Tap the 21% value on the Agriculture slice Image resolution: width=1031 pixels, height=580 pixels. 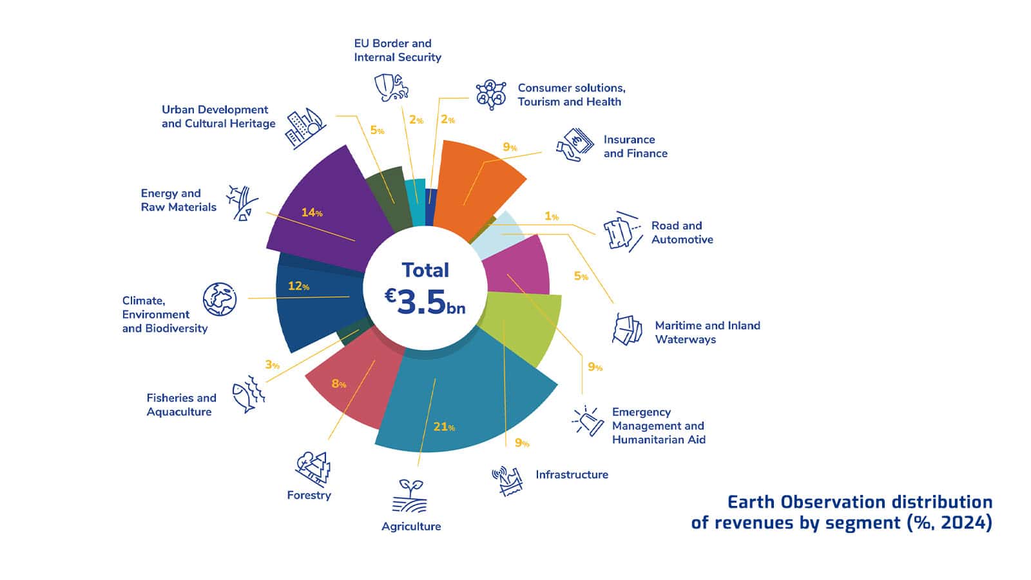point(444,427)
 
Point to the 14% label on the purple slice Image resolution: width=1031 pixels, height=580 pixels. point(312,213)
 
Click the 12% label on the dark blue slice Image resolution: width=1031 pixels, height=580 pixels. point(299,286)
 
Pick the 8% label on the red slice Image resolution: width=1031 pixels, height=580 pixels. point(339,384)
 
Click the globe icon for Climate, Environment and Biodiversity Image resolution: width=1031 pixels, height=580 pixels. point(220,299)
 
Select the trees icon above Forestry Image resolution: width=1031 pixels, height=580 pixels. point(313,469)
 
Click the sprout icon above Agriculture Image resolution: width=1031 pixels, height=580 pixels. point(410,496)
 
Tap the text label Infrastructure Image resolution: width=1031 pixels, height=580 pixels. point(572,474)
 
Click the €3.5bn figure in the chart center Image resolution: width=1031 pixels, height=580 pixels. point(425,303)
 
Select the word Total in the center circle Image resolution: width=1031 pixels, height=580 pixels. point(425,270)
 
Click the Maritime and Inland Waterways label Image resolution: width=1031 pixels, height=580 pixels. point(708,333)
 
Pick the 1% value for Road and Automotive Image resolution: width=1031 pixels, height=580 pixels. point(552,216)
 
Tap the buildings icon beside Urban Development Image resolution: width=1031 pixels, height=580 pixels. point(305,128)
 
